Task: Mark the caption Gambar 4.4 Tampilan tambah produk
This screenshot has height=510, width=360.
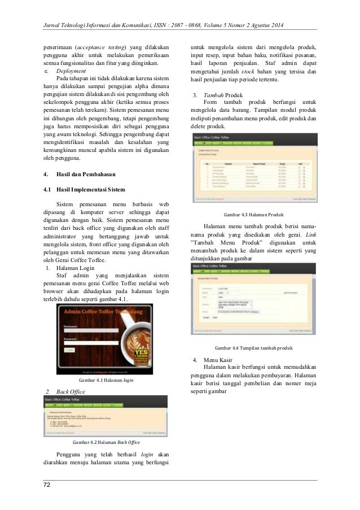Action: [x=254, y=347]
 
